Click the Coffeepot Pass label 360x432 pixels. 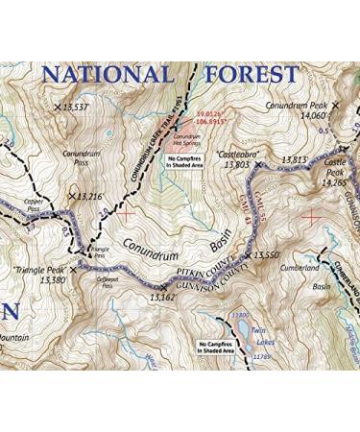[x=114, y=283]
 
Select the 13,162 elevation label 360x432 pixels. [x=164, y=299]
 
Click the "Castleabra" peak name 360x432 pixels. [x=234, y=154]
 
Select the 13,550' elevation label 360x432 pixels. [x=267, y=256]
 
